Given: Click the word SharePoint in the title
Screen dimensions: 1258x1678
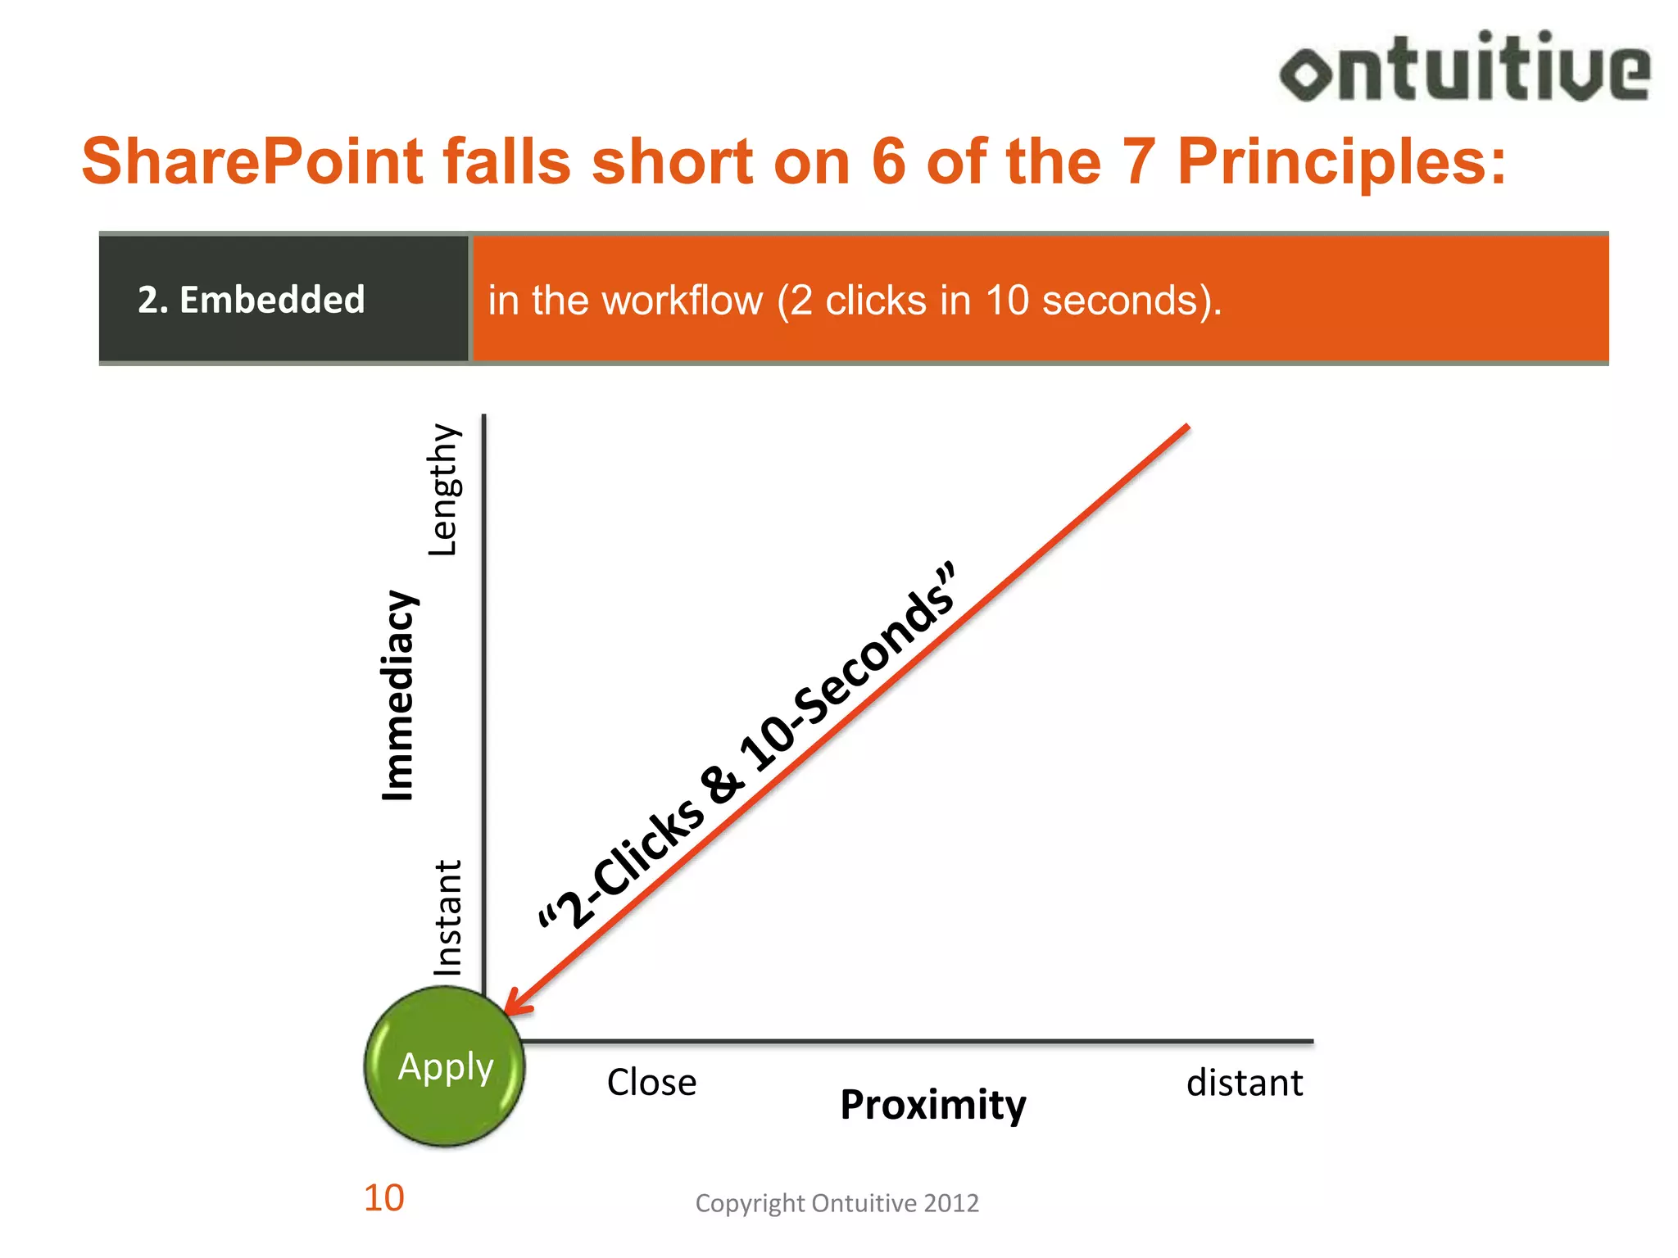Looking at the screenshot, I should click(252, 161).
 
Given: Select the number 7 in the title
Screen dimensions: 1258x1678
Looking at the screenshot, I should click(1138, 161).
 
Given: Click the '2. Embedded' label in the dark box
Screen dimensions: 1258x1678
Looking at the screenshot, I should click(251, 300).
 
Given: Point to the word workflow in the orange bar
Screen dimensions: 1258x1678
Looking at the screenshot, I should click(646, 301).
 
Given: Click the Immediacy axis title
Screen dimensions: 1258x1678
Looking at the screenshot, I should click(400, 695).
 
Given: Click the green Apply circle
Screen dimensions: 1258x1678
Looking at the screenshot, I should click(445, 1066).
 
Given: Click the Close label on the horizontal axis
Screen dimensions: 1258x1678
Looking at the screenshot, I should click(651, 1083).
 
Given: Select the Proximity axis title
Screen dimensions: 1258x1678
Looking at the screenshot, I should click(932, 1105).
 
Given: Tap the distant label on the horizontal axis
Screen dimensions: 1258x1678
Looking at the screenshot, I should click(1244, 1083).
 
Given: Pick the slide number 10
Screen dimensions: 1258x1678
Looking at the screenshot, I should click(383, 1198).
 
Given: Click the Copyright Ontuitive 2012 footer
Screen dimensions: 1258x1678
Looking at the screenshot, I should click(837, 1203).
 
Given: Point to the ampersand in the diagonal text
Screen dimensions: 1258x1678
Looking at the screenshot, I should click(724, 783).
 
